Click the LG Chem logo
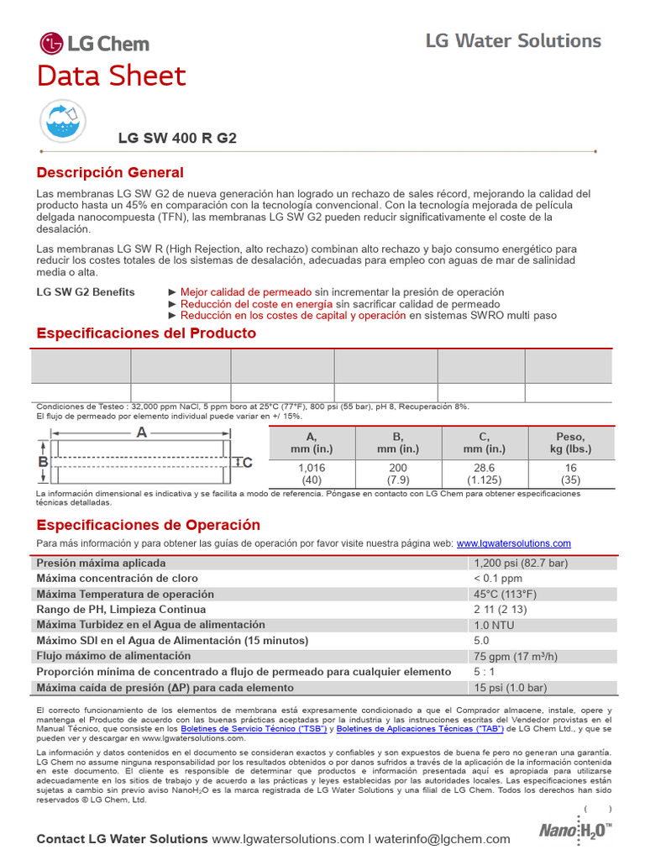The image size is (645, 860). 94,44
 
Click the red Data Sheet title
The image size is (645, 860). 111,76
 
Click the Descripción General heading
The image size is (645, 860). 109,173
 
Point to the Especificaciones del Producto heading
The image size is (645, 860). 146,333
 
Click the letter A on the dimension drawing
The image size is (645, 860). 141,432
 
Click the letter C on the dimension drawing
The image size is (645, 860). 248,462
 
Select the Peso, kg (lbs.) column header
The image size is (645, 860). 570,443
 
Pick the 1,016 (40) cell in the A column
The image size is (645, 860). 312,474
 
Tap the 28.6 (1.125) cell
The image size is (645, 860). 485,474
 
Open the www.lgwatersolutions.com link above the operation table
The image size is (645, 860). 513,543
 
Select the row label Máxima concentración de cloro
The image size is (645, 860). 117,579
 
